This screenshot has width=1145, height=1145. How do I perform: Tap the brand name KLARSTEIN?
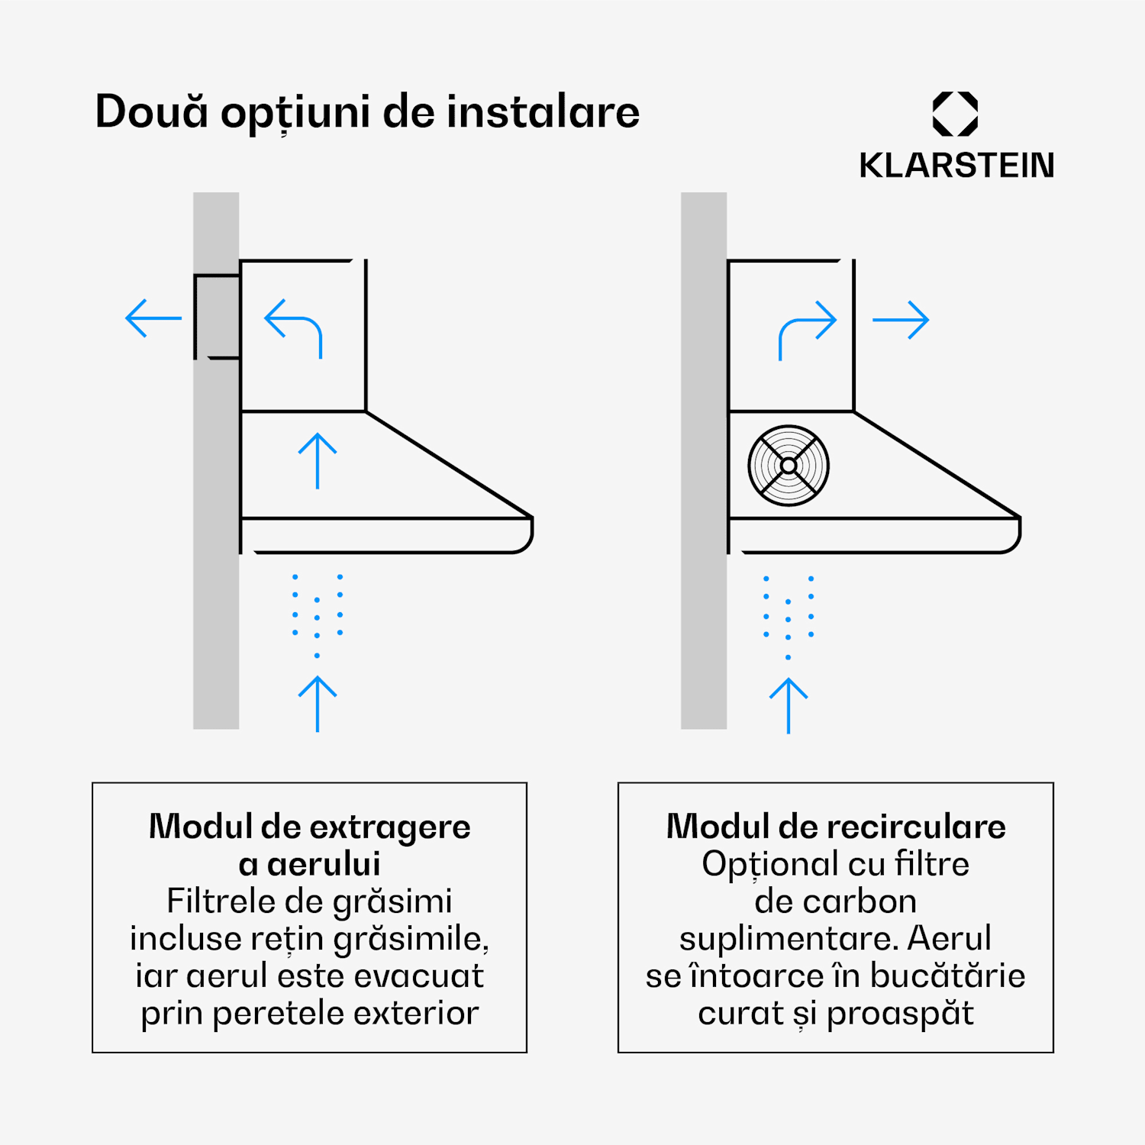[x=956, y=166]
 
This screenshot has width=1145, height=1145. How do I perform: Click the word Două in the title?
[x=151, y=111]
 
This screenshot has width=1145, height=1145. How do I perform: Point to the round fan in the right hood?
[x=789, y=465]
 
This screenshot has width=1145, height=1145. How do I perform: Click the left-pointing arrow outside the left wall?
[x=153, y=318]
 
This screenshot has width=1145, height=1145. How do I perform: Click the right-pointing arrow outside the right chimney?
[x=901, y=320]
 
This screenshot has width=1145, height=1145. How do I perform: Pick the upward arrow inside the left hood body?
[x=318, y=461]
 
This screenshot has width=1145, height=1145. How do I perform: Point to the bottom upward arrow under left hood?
[x=318, y=704]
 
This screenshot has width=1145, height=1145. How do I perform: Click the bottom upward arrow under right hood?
[x=789, y=706]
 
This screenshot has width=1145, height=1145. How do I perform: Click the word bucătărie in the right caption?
[x=947, y=976]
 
